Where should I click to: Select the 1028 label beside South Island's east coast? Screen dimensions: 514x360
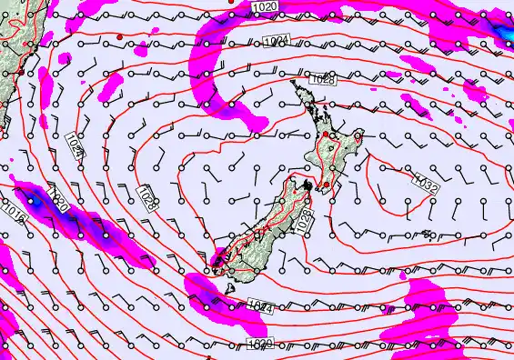click(304, 219)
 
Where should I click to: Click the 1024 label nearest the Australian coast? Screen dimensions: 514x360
click(76, 145)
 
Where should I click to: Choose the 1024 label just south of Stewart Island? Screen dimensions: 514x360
click(259, 310)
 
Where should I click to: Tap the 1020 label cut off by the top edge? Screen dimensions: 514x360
click(265, 7)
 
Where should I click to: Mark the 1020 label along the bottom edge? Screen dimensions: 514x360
click(258, 343)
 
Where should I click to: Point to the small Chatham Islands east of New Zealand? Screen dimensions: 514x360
click(427, 235)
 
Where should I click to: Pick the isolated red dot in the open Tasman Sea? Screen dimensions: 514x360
click(120, 35)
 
